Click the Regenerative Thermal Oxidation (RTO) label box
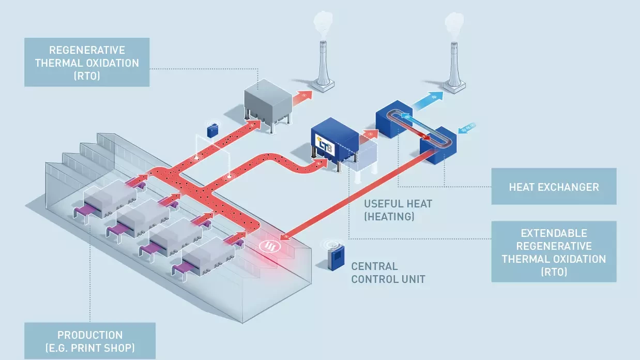point(87,62)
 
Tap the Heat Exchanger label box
point(554,186)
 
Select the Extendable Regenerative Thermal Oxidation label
point(554,252)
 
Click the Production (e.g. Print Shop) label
point(90,341)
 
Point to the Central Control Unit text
point(388,273)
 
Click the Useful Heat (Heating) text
point(397,210)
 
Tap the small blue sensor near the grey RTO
point(212,130)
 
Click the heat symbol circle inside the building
point(268,246)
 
